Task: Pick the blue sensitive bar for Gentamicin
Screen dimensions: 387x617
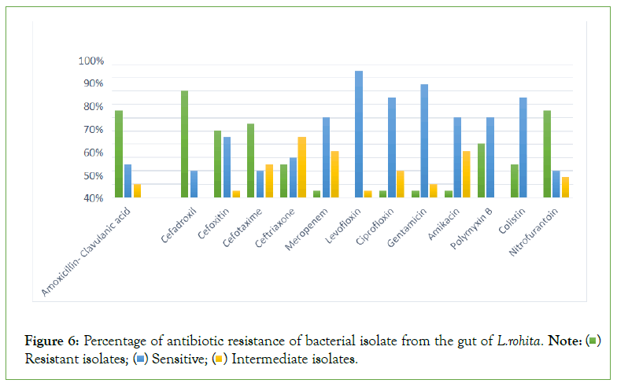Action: point(424,141)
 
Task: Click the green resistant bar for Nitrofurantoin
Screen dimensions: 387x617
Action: point(547,153)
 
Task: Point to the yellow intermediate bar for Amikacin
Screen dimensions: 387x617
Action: point(467,174)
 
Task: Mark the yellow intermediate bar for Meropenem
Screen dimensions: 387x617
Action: point(334,174)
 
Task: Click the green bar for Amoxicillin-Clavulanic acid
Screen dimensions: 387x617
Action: point(119,153)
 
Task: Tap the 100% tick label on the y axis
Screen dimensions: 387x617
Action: point(91,61)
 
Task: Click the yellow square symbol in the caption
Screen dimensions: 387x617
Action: point(224,359)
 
